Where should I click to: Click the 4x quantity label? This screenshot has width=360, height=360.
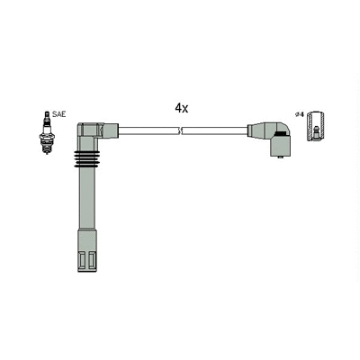click(181, 107)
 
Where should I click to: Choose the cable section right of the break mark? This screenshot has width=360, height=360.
click(216, 130)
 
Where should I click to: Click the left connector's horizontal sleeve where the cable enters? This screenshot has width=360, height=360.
click(110, 130)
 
